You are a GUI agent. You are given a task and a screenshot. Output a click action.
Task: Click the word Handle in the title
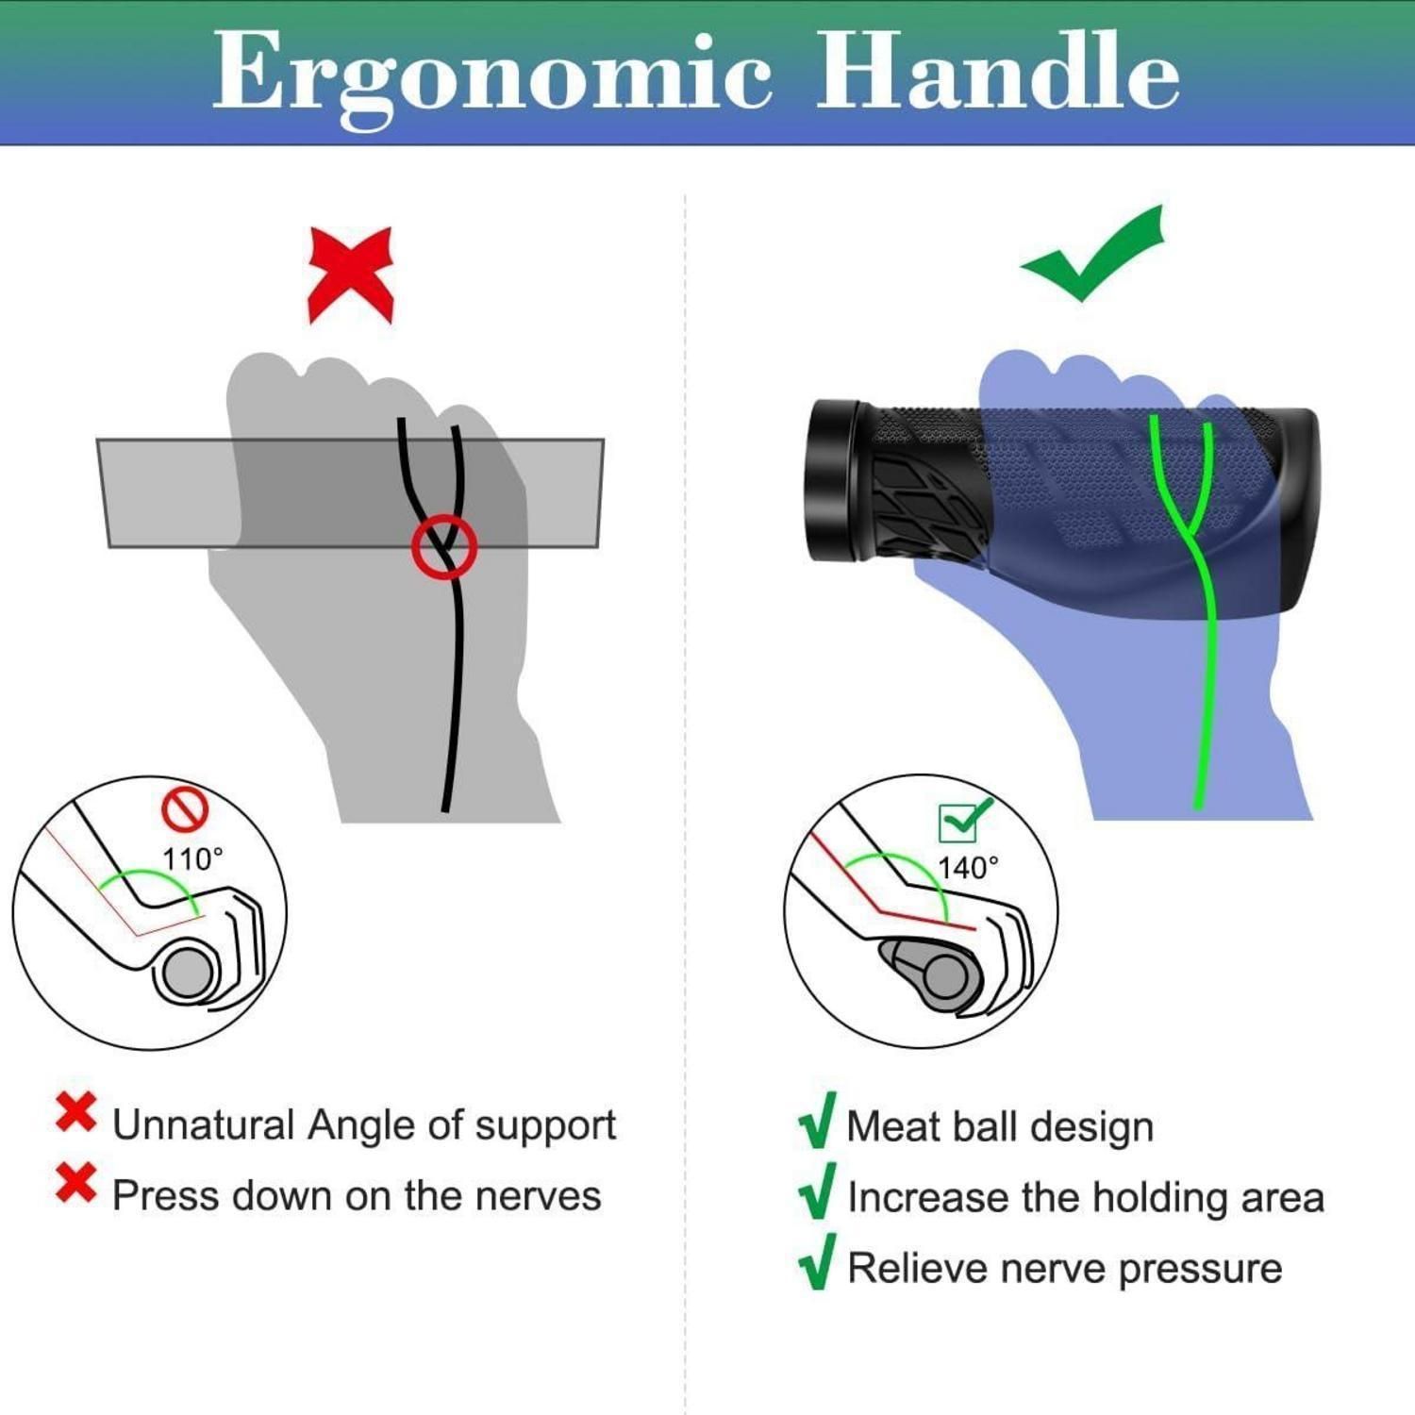pyautogui.click(x=998, y=70)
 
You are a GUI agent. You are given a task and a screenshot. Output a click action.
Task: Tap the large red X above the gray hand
pyautogui.click(x=350, y=275)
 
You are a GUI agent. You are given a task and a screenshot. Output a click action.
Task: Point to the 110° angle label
pyautogui.click(x=192, y=858)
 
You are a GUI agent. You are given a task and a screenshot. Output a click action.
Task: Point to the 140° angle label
pyautogui.click(x=968, y=867)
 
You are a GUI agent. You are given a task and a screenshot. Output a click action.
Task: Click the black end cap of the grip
pyautogui.click(x=834, y=481)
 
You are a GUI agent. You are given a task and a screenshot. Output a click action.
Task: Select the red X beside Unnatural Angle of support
pyautogui.click(x=75, y=1112)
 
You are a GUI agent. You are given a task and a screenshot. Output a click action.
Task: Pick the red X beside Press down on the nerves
pyautogui.click(x=75, y=1183)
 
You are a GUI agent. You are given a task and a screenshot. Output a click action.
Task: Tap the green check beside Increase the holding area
pyautogui.click(x=818, y=1190)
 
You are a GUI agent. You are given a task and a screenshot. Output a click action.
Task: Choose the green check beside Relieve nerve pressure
pyautogui.click(x=818, y=1261)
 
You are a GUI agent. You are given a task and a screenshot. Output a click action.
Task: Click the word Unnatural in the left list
pyautogui.click(x=204, y=1124)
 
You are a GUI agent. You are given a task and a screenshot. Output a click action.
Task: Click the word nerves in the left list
pyautogui.click(x=538, y=1196)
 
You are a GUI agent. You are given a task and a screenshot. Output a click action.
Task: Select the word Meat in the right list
pyautogui.click(x=890, y=1126)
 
